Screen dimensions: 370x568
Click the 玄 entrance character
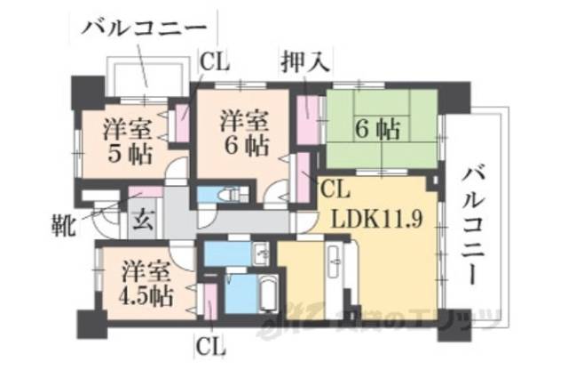(x=142, y=216)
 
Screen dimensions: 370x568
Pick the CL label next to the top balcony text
(x=214, y=62)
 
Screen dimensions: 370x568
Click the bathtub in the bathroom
(x=266, y=294)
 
